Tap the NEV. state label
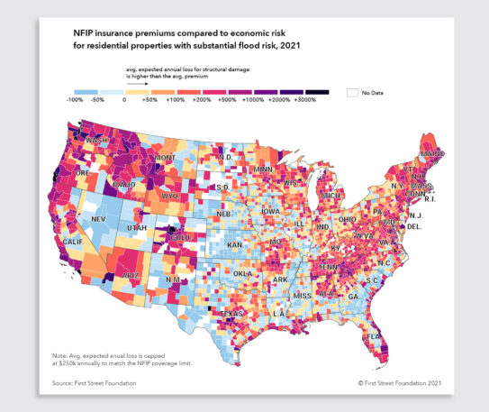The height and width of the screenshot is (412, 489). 101,218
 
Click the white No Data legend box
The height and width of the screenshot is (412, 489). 353,92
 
